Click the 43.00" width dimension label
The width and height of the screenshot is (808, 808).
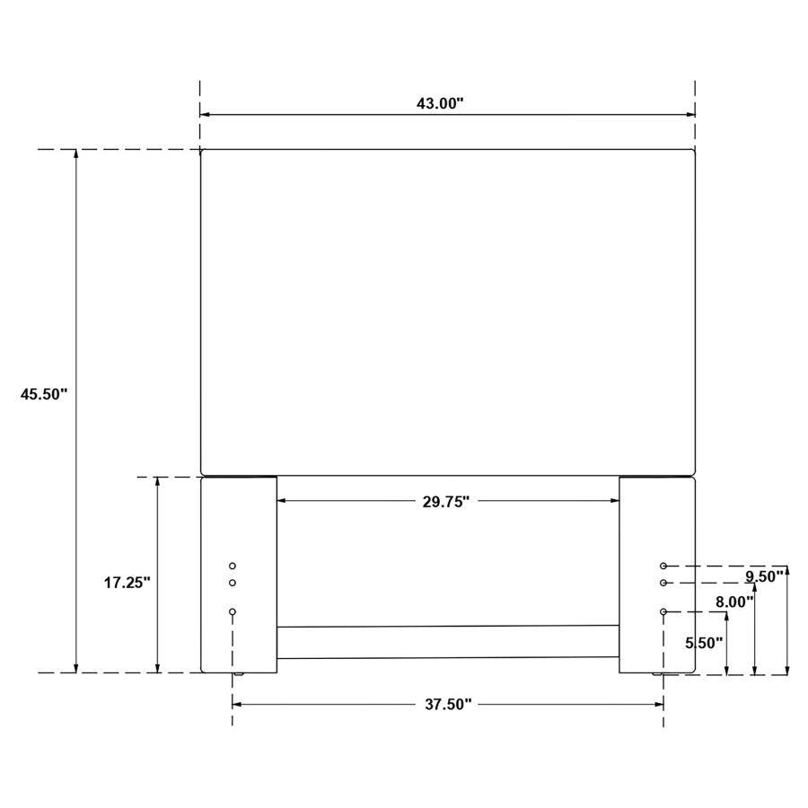click(439, 103)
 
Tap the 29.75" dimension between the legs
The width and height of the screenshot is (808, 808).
click(446, 503)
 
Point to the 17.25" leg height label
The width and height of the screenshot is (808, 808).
click(127, 582)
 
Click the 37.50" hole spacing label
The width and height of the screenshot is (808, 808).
click(447, 705)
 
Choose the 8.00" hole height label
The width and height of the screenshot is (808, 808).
click(734, 602)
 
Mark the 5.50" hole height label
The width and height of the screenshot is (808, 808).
click(704, 643)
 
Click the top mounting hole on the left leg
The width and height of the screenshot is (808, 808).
click(233, 566)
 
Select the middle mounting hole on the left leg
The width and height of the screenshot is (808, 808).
click(233, 583)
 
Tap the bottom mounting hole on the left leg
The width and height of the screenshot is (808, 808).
click(233, 611)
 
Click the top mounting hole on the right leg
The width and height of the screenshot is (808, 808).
click(663, 566)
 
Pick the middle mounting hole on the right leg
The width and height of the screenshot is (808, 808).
click(663, 583)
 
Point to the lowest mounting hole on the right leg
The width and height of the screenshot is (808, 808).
click(663, 611)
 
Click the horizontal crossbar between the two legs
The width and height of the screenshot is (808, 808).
click(447, 642)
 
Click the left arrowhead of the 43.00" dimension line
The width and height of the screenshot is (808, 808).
click(205, 115)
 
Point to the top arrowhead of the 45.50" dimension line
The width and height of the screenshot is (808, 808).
click(76, 154)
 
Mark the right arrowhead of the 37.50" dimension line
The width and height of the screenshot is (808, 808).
click(659, 705)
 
